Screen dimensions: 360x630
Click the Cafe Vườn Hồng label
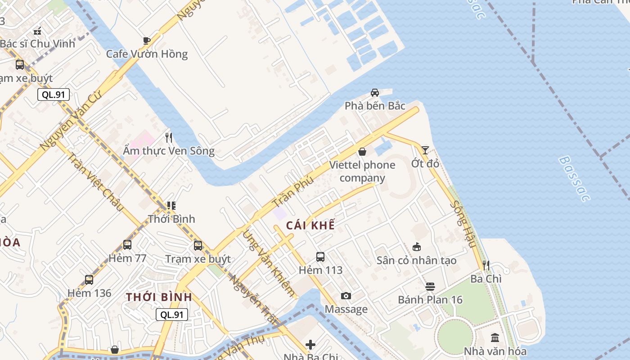[x=147, y=54]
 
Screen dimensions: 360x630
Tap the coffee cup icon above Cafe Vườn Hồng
[x=147, y=40]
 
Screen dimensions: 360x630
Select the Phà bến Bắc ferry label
[x=375, y=106]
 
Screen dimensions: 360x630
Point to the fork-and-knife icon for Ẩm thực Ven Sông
[x=169, y=137]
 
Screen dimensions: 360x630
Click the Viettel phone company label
[x=362, y=171]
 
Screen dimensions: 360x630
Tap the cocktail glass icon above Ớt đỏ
[x=425, y=150]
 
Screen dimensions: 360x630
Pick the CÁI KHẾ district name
[x=310, y=225]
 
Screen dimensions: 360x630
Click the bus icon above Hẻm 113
[x=320, y=257]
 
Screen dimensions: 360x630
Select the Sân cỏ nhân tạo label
[x=416, y=260]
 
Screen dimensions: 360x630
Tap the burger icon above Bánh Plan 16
[x=430, y=286]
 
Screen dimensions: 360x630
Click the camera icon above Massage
[x=346, y=296]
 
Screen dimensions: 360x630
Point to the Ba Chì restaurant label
[x=486, y=279]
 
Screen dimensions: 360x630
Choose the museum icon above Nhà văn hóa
[x=495, y=337]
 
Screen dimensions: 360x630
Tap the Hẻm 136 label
[x=89, y=293]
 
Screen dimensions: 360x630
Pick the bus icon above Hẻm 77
[x=127, y=245]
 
